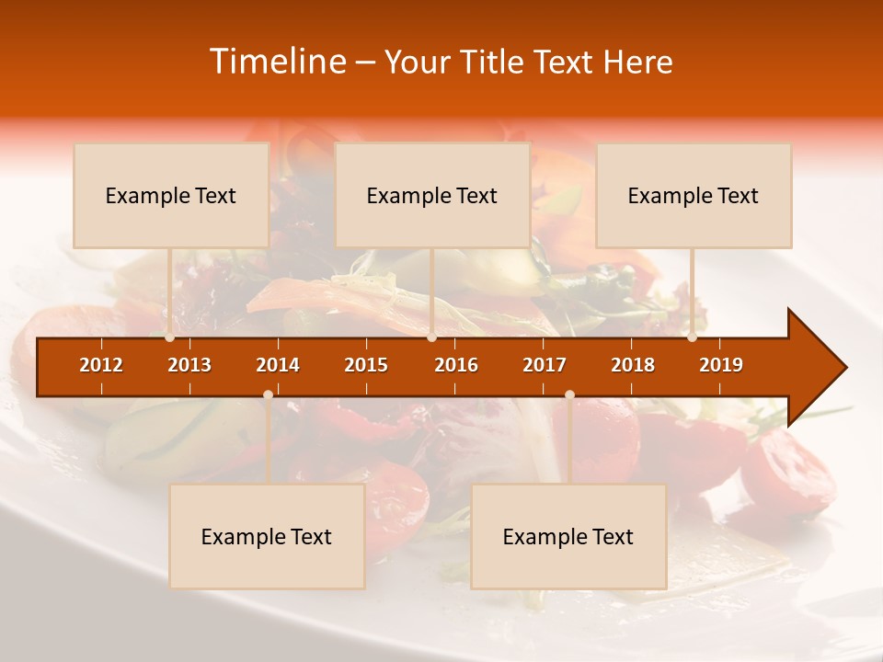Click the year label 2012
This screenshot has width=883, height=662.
[101, 365]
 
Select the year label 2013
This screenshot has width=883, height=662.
[189, 365]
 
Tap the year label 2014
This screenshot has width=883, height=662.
[278, 365]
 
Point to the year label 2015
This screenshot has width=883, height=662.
[366, 365]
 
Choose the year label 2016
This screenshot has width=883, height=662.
[456, 365]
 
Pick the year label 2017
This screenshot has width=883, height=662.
[545, 365]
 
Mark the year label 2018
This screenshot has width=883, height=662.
[633, 365]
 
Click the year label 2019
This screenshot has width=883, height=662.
[721, 365]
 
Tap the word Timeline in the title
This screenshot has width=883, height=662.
[277, 62]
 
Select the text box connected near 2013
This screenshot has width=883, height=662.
[171, 195]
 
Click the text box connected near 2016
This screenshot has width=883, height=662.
[432, 195]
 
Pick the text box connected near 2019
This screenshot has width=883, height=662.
[694, 195]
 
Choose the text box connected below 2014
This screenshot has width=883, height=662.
[267, 536]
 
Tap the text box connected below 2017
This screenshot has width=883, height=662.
[568, 536]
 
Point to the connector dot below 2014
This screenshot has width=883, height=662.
[268, 394]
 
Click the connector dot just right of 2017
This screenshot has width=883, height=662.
[569, 394]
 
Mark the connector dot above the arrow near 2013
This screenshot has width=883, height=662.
[170, 337]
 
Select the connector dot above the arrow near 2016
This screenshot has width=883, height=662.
[432, 337]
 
